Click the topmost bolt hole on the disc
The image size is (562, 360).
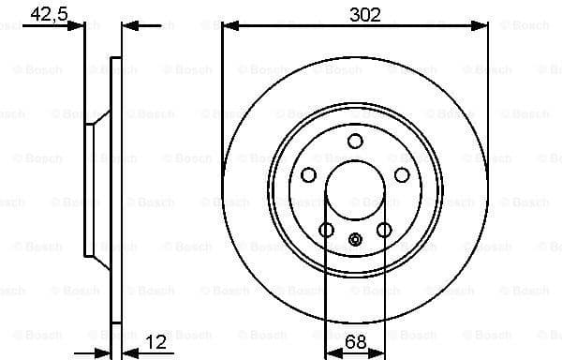tap(355, 142)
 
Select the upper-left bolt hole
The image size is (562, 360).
tap(308, 175)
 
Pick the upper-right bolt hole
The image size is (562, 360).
tap(402, 175)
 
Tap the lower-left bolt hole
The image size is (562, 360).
tap(326, 231)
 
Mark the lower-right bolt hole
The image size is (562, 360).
tap(384, 231)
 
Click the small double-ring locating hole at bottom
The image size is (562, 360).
tap(355, 239)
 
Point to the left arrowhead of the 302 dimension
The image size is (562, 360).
tap(228, 25)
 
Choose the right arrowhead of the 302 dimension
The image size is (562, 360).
tap(482, 25)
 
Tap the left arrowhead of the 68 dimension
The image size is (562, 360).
tap(329, 352)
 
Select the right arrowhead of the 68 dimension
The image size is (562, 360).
tap(379, 352)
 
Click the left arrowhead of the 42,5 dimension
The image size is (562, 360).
tap(80, 25)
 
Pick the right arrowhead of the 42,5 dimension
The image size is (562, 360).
tap(128, 25)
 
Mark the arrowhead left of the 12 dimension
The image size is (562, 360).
tap(104, 352)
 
